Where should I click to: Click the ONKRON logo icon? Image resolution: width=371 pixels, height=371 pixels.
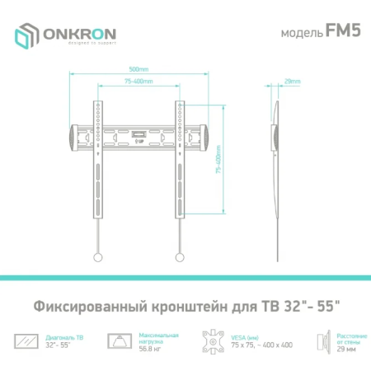click(26, 35)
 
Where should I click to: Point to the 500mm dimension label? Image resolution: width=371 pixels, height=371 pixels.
click(139, 68)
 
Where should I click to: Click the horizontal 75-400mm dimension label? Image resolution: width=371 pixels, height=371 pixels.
click(139, 82)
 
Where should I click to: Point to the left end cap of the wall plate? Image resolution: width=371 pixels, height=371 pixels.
click(75, 132)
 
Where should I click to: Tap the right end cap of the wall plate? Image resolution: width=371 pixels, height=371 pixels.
click(204, 132)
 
